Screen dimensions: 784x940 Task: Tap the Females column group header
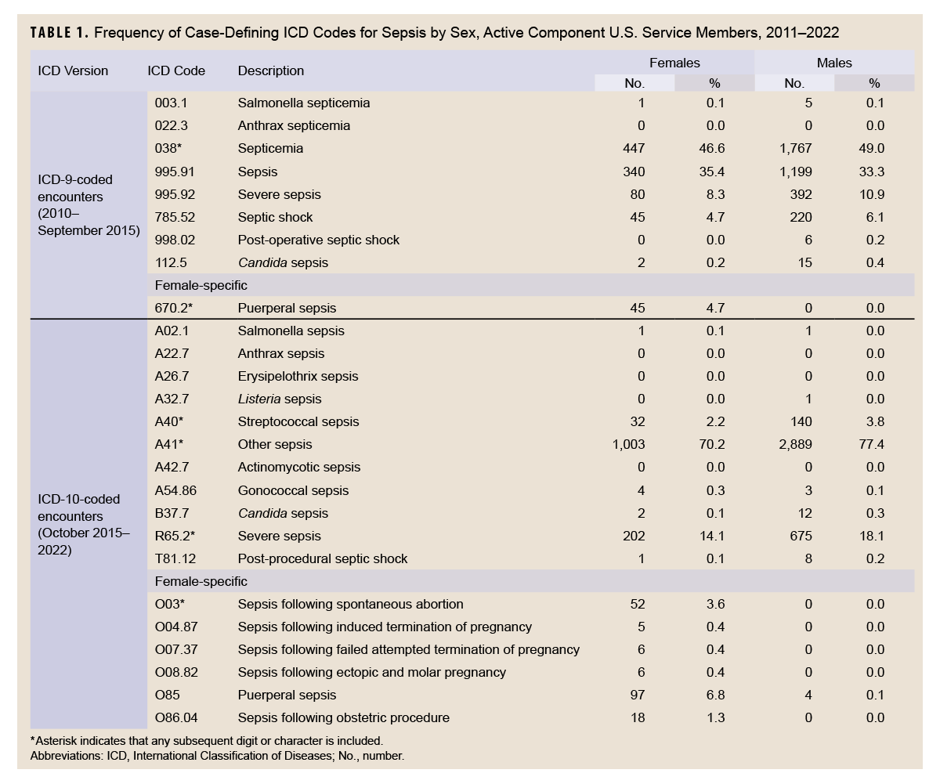point(674,63)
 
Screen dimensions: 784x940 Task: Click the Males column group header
point(833,63)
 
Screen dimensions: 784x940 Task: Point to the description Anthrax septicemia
point(294,126)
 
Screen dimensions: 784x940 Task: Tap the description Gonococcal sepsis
point(293,491)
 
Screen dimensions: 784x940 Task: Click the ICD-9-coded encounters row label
point(89,205)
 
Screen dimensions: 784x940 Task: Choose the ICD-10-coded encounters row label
point(84,523)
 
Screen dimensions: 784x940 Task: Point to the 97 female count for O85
point(638,695)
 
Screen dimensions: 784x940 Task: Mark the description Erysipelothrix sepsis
point(298,377)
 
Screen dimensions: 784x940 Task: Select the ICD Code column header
point(176,70)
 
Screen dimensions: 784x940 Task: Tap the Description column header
point(271,70)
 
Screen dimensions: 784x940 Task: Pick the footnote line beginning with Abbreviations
point(217,757)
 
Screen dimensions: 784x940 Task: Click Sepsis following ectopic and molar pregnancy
point(372,673)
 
